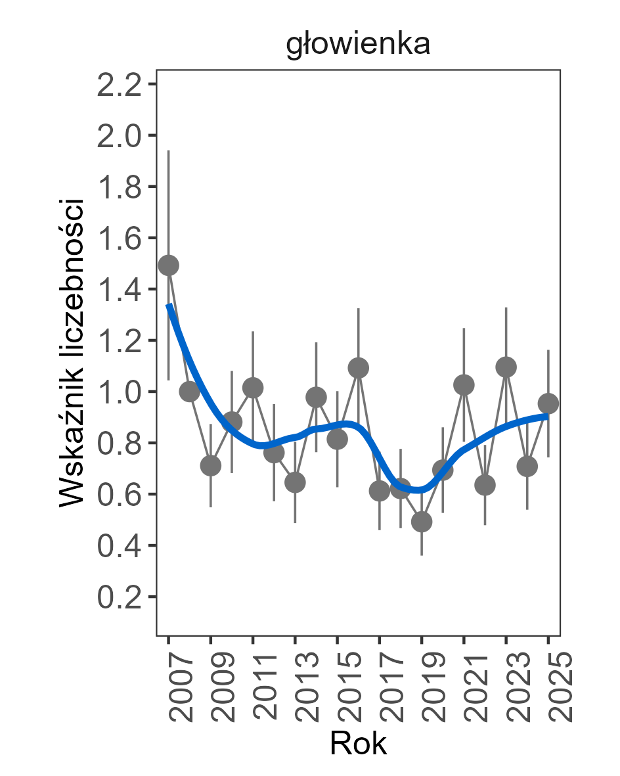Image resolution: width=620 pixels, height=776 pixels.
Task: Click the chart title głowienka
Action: (358, 45)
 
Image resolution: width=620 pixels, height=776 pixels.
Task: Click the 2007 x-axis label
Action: (178, 687)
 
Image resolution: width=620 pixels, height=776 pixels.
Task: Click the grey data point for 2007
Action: (169, 265)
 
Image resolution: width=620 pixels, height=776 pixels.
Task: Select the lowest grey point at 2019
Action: (422, 522)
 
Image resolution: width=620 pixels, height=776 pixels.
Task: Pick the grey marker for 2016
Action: (359, 368)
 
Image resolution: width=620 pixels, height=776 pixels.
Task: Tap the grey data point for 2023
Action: (506, 367)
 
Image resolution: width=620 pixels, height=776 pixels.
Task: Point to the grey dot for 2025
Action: (548, 403)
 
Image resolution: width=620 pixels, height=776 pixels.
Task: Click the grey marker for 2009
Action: (211, 466)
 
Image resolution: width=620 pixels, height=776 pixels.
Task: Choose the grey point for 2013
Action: (295, 483)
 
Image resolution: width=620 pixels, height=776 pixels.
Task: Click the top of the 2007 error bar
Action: (169, 151)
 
